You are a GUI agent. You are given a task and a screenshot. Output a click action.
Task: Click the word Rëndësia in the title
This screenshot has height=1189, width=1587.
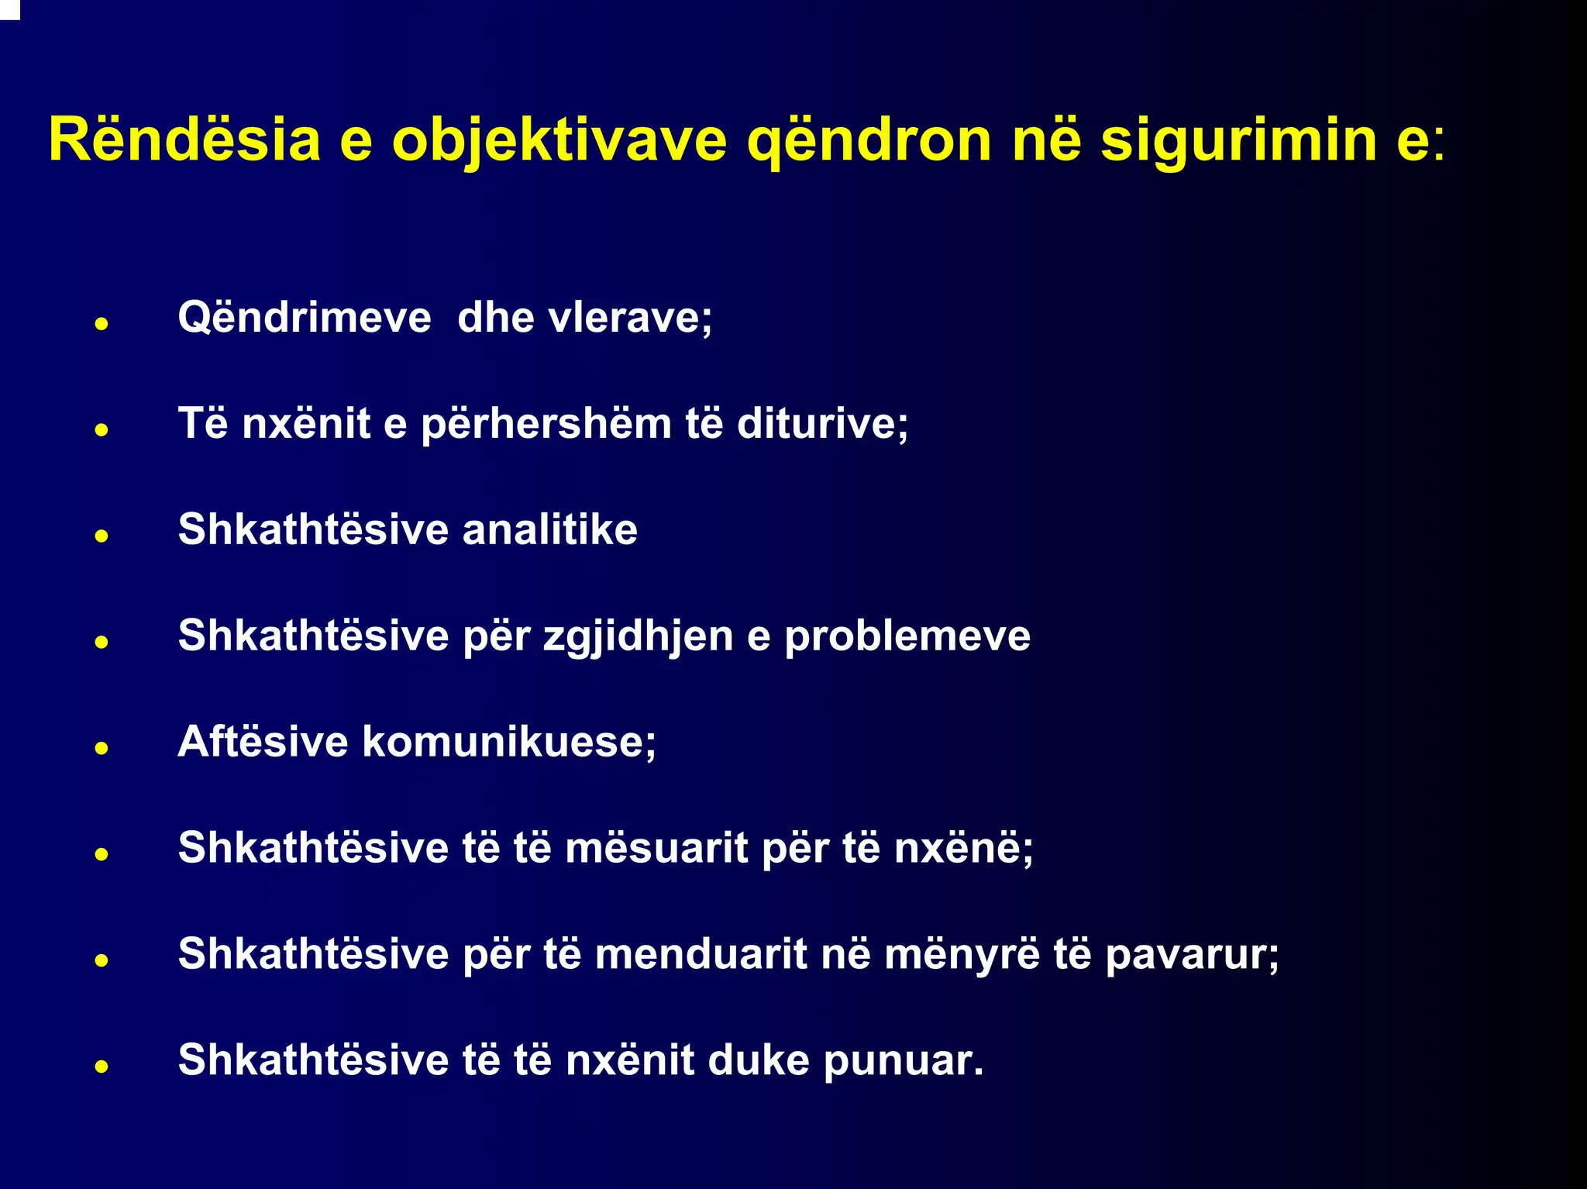[x=184, y=140]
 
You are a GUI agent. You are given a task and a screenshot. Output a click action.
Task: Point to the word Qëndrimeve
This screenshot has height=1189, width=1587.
[x=305, y=318]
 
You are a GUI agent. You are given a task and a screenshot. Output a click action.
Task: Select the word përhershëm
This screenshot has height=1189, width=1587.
[x=546, y=425]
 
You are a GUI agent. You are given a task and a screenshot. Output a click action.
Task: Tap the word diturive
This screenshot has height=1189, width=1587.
[x=822, y=424]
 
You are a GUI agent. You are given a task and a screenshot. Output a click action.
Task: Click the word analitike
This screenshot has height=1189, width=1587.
[x=550, y=530]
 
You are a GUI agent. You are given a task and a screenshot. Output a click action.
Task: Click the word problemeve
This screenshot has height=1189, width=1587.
[x=907, y=637]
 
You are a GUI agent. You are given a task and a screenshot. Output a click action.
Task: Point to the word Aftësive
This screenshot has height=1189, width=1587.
[x=263, y=742]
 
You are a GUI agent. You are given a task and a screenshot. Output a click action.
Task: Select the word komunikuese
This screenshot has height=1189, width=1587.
[x=509, y=742]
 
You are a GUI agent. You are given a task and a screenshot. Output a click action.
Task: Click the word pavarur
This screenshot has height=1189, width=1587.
[x=1192, y=955]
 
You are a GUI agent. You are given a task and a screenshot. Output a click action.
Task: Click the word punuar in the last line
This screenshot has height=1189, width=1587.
[x=903, y=1061]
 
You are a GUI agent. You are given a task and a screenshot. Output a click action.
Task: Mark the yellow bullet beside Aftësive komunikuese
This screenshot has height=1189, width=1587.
[x=101, y=748]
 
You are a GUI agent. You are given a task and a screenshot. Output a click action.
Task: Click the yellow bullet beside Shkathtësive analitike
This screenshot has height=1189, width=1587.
[x=101, y=536]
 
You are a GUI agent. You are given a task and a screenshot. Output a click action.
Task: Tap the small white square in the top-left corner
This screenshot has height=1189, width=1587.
[x=9, y=9]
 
